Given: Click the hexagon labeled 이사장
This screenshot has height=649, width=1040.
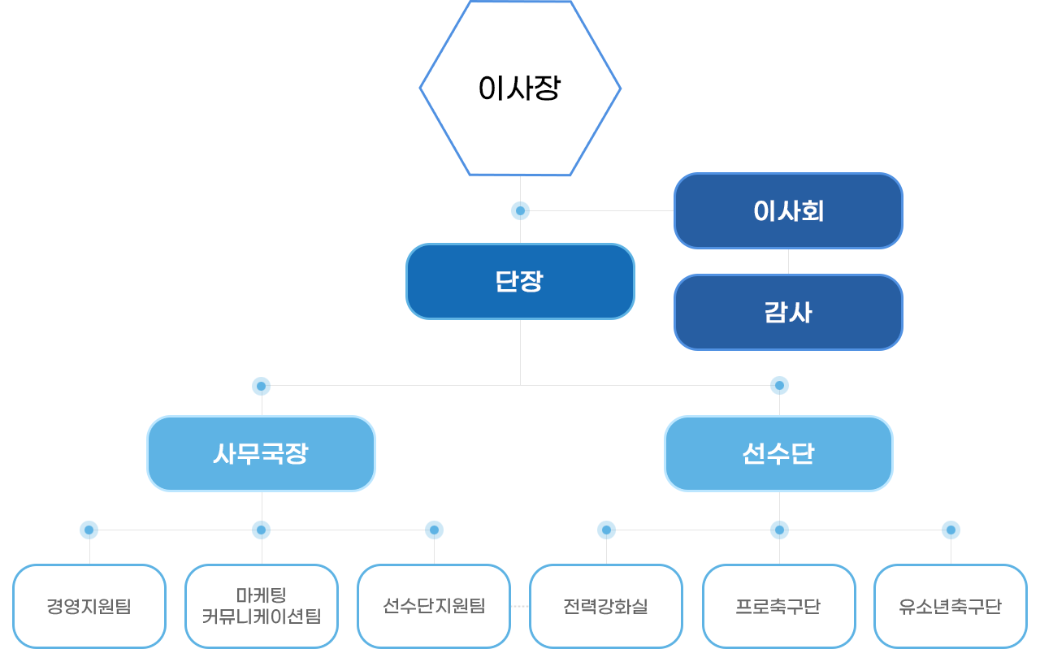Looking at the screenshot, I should click(x=520, y=88).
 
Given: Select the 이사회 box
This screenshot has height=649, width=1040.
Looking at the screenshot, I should click(x=788, y=210).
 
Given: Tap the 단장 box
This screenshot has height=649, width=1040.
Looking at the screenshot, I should click(x=520, y=281).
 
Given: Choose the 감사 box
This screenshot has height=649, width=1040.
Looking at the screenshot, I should click(x=788, y=313).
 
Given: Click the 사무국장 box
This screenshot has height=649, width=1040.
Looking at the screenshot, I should click(x=261, y=453).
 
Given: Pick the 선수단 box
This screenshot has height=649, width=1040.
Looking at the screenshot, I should click(x=778, y=453).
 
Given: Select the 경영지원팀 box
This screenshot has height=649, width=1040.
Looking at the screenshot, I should click(x=89, y=606).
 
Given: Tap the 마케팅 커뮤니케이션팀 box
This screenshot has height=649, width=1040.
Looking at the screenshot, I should click(x=262, y=606).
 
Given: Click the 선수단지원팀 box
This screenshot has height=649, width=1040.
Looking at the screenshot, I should click(x=434, y=606).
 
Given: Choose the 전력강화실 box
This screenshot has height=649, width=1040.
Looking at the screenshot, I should click(x=606, y=606).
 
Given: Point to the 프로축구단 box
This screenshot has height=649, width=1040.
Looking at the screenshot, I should click(x=778, y=606).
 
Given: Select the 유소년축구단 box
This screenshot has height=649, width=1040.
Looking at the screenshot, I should click(x=951, y=606).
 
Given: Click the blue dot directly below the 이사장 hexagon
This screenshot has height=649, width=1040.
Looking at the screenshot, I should click(x=520, y=211).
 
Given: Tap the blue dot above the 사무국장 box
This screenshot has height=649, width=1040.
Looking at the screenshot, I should click(x=261, y=385).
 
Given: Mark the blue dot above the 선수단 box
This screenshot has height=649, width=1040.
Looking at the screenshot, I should click(x=779, y=385).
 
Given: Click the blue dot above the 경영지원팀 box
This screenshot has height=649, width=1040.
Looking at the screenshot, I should click(x=89, y=530).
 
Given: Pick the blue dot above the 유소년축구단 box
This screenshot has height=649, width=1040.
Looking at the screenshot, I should click(x=951, y=530).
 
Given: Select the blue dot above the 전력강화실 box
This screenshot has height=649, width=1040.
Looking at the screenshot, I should click(x=606, y=530).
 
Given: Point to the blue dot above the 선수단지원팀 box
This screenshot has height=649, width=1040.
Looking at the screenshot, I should click(x=434, y=530).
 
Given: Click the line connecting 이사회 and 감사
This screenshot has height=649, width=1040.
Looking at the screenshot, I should click(x=788, y=262).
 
